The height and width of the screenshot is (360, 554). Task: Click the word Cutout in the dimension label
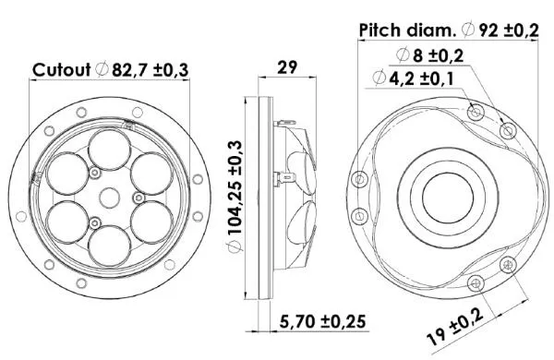(x=61, y=70)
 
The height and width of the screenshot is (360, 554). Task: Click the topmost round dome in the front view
(x=108, y=147)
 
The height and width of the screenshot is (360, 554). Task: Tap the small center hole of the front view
(x=108, y=196)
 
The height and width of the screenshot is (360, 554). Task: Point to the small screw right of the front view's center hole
(x=138, y=197)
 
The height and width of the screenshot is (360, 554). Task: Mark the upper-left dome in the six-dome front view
(x=66, y=172)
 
